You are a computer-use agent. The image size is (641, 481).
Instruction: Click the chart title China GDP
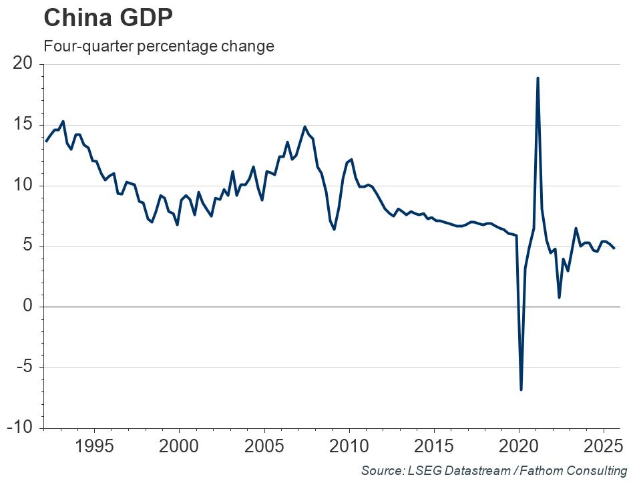[x=108, y=17]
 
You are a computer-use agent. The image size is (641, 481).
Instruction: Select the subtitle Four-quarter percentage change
[x=158, y=47]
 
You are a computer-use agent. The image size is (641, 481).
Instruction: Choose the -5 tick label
[x=25, y=367]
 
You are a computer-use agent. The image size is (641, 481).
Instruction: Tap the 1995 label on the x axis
[x=94, y=446]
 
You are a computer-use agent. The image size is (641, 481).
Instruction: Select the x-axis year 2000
[x=179, y=446]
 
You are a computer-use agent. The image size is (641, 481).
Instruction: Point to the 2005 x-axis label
[x=264, y=446]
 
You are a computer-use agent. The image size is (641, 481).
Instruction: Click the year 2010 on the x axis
[x=349, y=446]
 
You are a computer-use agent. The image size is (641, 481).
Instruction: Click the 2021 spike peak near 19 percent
[x=538, y=78]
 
